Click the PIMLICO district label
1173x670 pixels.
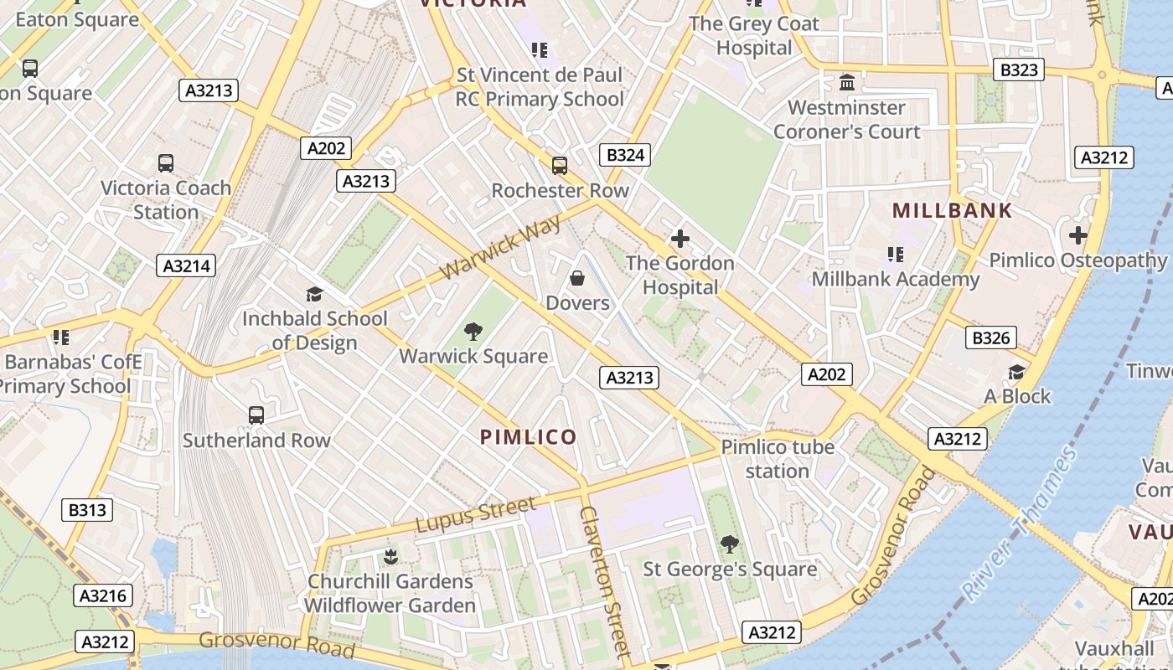(528, 437)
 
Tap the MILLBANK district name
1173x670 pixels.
(952, 210)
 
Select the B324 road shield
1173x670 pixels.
(625, 154)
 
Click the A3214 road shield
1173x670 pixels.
(186, 266)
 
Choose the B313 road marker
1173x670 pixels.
(87, 509)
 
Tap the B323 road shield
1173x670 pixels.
(1019, 70)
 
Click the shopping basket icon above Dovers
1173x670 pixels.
(577, 277)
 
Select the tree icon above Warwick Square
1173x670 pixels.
(473, 332)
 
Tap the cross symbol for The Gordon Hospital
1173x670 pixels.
(680, 239)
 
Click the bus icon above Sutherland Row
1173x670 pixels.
(256, 415)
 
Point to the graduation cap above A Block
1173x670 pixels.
(1016, 372)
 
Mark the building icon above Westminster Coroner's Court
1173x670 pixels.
(846, 83)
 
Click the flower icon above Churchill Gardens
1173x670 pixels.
(390, 556)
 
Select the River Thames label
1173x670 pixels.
(1020, 524)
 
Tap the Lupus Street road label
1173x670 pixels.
(475, 514)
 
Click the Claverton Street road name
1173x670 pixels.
(603, 581)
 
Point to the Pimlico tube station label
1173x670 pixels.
(778, 459)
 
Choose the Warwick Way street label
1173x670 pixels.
(500, 249)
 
